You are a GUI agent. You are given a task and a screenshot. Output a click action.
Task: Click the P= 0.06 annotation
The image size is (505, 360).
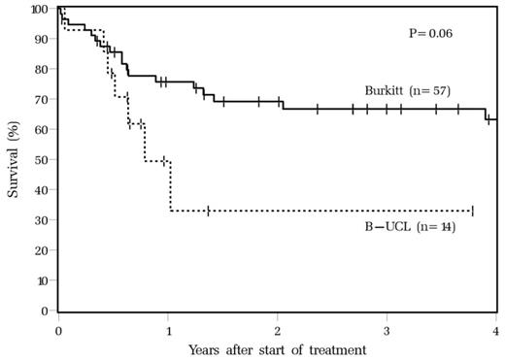pos(431,33)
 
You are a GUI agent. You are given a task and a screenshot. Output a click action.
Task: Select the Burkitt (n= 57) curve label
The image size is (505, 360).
pos(408,90)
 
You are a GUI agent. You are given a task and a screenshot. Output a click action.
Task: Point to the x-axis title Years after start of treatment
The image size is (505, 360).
pos(277,347)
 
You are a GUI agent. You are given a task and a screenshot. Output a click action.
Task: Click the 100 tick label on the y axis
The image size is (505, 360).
pos(40,10)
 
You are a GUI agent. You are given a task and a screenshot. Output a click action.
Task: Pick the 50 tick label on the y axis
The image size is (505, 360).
pos(43,160)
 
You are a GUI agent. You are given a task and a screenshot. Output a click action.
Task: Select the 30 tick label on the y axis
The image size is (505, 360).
pos(43,220)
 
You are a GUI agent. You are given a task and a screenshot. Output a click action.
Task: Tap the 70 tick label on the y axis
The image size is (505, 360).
pos(43,100)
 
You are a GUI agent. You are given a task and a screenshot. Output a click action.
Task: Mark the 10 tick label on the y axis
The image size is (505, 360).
pos(43,280)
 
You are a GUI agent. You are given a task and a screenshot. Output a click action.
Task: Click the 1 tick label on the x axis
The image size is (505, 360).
pos(168,328)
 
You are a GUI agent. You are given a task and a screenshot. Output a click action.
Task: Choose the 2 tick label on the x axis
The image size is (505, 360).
pos(278,328)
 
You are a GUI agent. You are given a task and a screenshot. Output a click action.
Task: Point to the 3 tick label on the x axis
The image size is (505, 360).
pos(387,328)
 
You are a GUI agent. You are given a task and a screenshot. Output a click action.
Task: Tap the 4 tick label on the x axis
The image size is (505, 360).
pos(495,328)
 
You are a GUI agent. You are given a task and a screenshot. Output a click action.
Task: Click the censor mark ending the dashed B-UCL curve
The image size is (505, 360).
pos(472,211)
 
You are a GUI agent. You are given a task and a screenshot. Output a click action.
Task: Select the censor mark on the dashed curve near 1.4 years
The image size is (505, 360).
pos(208,211)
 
